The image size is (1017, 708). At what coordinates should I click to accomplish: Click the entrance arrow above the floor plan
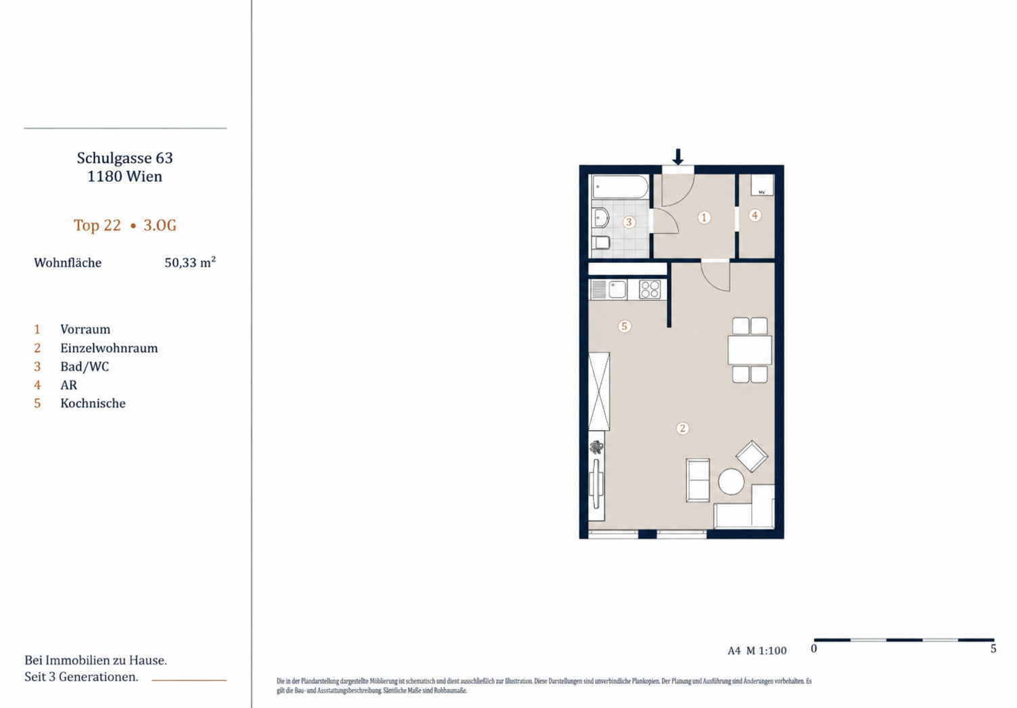point(678,157)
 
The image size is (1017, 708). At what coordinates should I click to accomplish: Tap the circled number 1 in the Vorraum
point(704,218)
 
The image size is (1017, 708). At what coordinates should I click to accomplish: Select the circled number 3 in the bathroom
point(629,222)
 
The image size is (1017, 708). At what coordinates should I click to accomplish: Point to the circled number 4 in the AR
point(755,215)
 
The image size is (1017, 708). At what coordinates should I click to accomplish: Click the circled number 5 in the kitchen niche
point(625,326)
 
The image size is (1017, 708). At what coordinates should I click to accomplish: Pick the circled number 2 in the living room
point(682,429)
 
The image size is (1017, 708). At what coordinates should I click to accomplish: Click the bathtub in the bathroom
point(620,187)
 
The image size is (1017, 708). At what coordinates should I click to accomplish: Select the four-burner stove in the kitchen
point(650,289)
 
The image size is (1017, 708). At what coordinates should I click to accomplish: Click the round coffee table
point(731,481)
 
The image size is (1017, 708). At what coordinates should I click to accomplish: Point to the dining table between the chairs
point(750,350)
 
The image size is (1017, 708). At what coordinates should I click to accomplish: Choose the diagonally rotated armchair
point(752,456)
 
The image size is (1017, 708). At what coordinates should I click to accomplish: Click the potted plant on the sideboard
point(596,448)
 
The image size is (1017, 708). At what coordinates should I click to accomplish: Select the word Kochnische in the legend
point(93,404)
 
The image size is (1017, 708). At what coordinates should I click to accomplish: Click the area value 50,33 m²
point(189,262)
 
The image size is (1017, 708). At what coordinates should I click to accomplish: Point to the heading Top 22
point(97,225)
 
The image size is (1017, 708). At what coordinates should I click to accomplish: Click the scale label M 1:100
point(767,651)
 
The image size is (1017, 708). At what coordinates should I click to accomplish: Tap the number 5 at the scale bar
point(993,649)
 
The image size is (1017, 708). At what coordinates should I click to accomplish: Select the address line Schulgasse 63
point(125,158)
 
